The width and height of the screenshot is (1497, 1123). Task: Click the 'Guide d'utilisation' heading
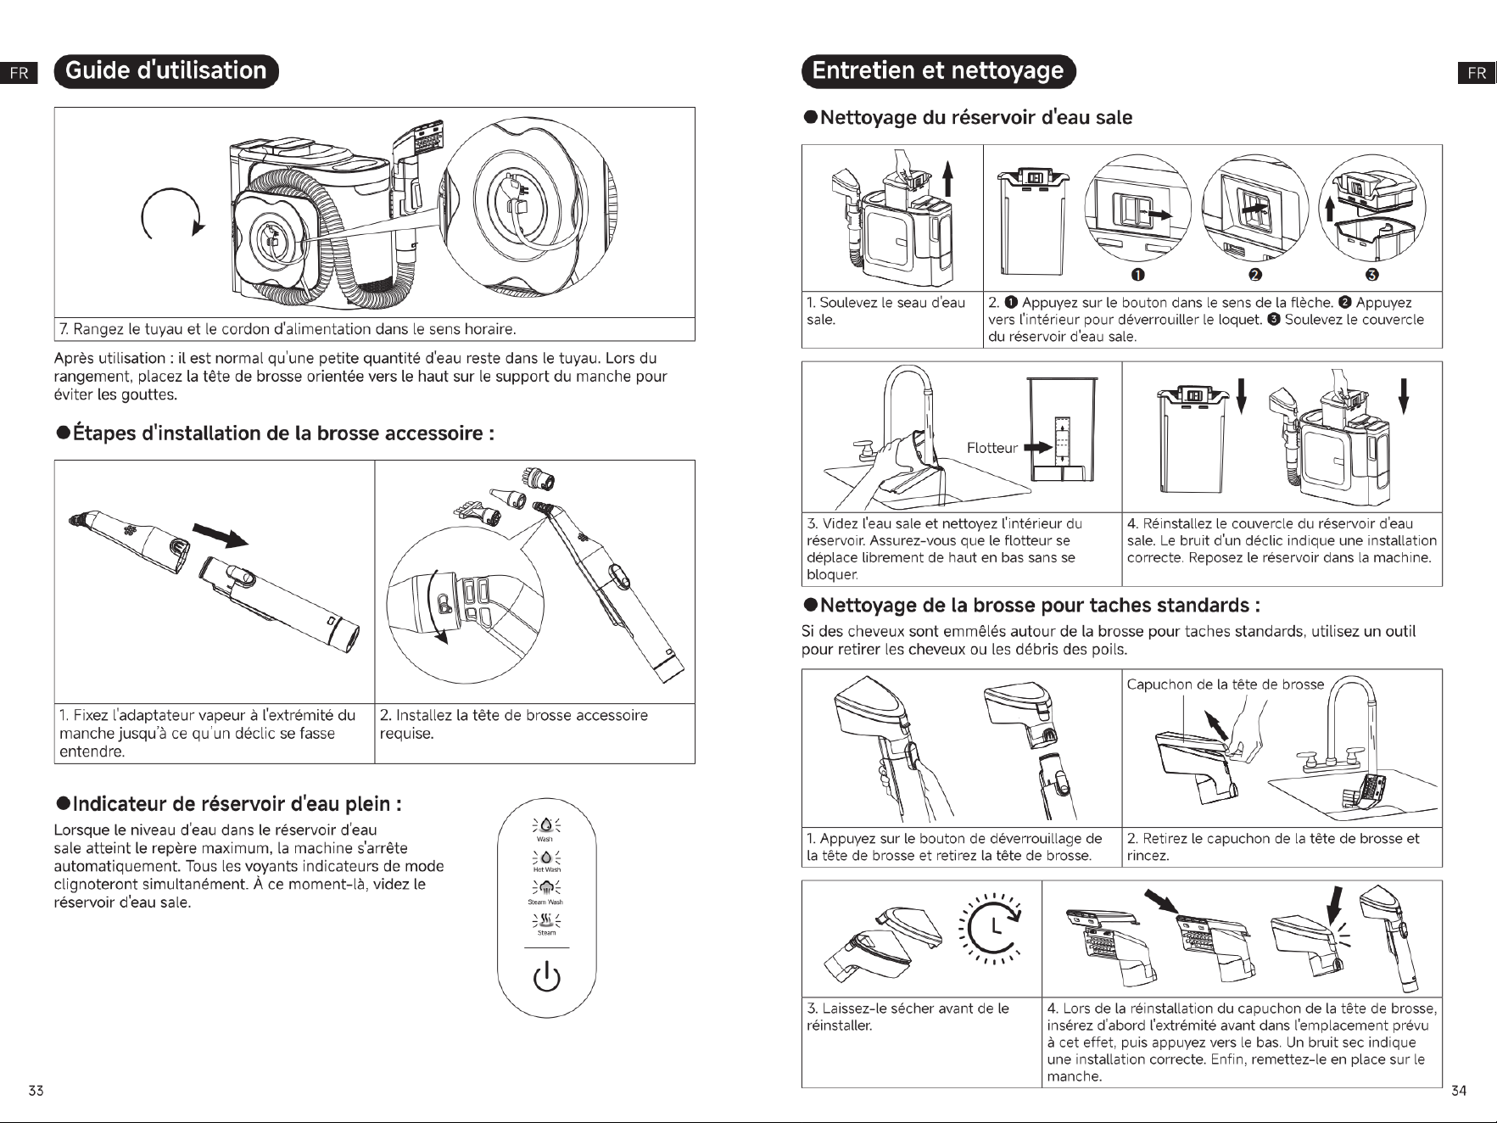(x=165, y=70)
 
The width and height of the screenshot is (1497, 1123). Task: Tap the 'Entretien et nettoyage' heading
(x=938, y=70)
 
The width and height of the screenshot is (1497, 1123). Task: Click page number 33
(x=36, y=1091)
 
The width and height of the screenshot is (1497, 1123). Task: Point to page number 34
(x=1458, y=1091)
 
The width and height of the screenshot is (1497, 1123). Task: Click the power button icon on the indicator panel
(x=546, y=977)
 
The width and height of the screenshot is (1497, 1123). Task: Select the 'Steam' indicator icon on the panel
(x=546, y=921)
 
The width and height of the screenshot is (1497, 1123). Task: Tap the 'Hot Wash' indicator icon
(x=546, y=860)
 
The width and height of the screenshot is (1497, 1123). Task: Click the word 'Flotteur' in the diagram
(x=991, y=448)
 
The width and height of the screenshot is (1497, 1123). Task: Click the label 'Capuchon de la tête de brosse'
(x=1225, y=684)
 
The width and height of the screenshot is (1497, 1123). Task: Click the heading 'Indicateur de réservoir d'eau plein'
(x=228, y=803)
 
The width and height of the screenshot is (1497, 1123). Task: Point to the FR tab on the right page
(x=1477, y=73)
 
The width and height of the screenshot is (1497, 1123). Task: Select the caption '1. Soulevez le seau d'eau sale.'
(x=886, y=311)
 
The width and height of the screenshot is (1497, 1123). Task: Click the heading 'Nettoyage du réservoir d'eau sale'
(x=968, y=117)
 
